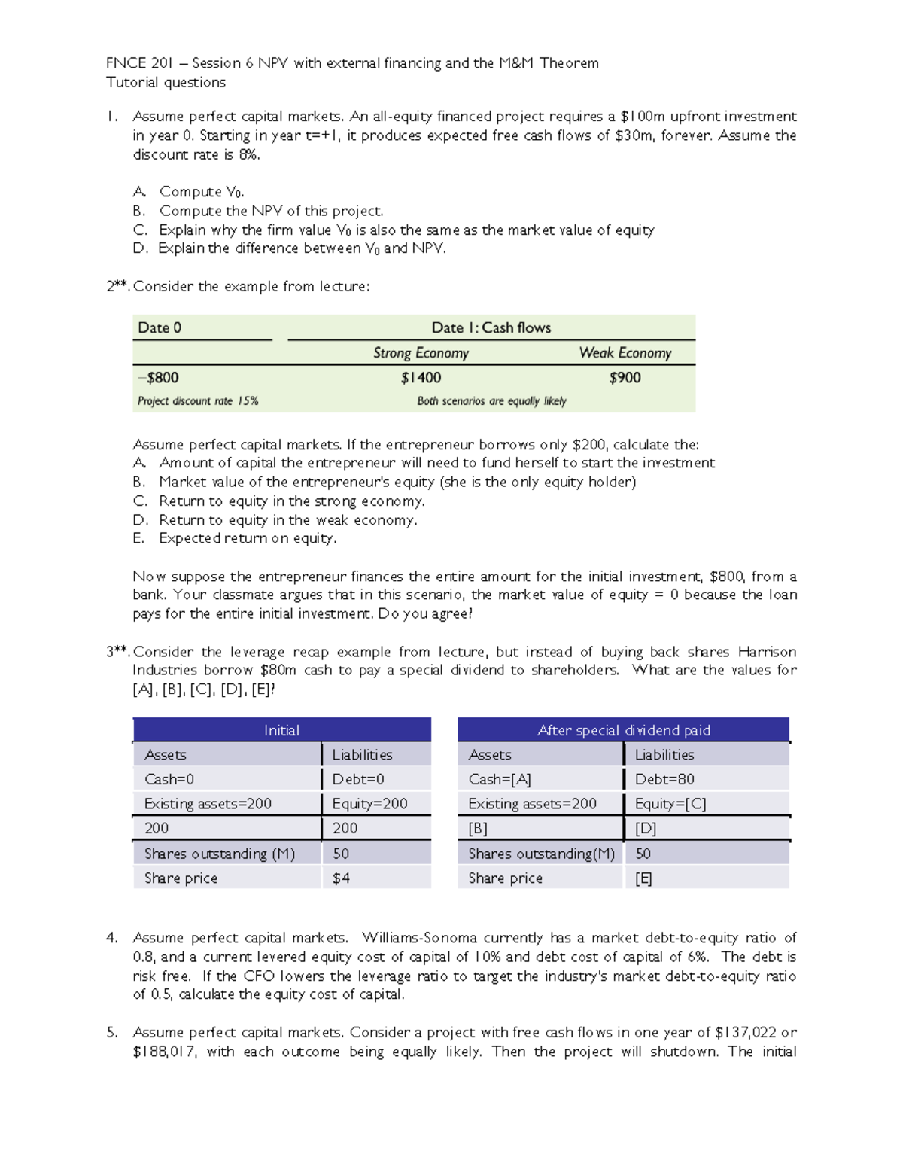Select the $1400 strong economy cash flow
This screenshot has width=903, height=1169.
click(421, 378)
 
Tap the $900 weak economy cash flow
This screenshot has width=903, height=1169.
click(625, 378)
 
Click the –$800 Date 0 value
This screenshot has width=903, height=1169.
click(158, 378)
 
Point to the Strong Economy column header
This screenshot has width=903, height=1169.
click(421, 353)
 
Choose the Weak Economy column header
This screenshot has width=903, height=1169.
click(625, 353)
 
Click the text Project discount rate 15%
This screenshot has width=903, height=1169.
click(198, 401)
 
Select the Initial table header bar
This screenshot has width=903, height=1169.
click(281, 730)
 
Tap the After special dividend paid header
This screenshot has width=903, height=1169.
click(623, 730)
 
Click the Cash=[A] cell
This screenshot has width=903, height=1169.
click(500, 779)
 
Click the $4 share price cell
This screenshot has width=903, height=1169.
click(341, 878)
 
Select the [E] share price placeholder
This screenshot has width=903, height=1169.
click(643, 878)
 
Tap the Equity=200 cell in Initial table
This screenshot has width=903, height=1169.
click(369, 804)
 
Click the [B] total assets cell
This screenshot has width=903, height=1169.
click(478, 829)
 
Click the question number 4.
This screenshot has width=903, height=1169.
click(111, 938)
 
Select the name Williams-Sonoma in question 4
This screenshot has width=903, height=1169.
click(419, 938)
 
